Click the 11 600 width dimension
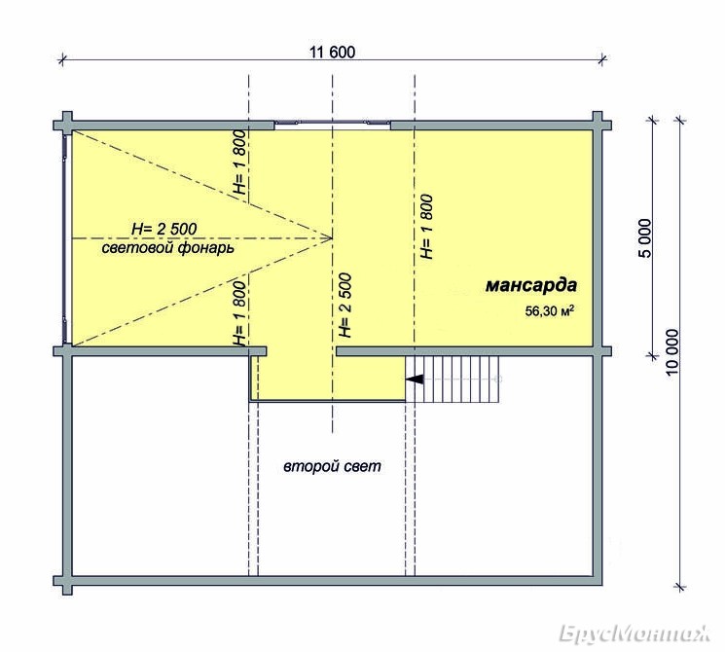332,52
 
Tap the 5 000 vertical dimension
645,238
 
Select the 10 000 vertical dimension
672,352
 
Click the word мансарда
531,285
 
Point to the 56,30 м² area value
549,311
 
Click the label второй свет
332,466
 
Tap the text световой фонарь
167,248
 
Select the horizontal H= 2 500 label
164,229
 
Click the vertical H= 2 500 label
344,306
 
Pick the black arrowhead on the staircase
415,380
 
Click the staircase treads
453,380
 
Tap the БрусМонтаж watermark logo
634,634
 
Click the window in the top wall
333,123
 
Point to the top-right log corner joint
598,125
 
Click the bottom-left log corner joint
67,581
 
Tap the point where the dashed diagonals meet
333,238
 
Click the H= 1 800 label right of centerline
426,227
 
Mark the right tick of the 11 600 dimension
602,58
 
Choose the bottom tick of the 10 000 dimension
680,587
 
